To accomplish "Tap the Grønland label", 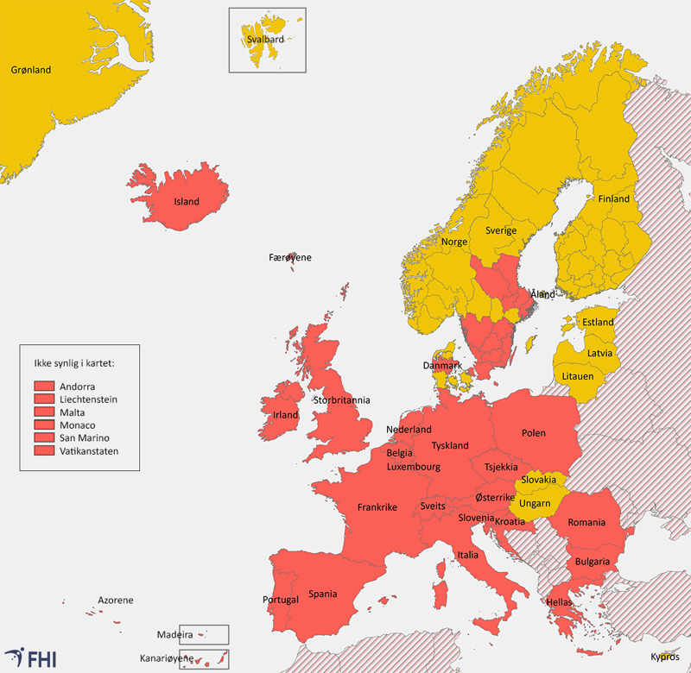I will pyautogui.click(x=30, y=70).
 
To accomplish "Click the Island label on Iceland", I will pyautogui.click(x=187, y=202).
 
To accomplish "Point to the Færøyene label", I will pyautogui.click(x=290, y=257).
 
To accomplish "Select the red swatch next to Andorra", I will pyautogui.click(x=45, y=387).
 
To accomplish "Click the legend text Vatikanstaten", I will pyautogui.click(x=90, y=450).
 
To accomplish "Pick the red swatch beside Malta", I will pyautogui.click(x=45, y=412).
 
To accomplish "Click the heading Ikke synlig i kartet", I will pyautogui.click(x=73, y=362).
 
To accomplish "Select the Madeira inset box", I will pyautogui.click(x=204, y=634).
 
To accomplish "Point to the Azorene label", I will pyautogui.click(x=115, y=600).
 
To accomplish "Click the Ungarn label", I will pyautogui.click(x=535, y=503).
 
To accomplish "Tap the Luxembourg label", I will pyautogui.click(x=414, y=467).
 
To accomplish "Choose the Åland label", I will pyautogui.click(x=542, y=294).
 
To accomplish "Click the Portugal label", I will pyautogui.click(x=281, y=600).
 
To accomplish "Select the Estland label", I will pyautogui.click(x=598, y=322).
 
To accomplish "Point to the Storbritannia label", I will pyautogui.click(x=342, y=399).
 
